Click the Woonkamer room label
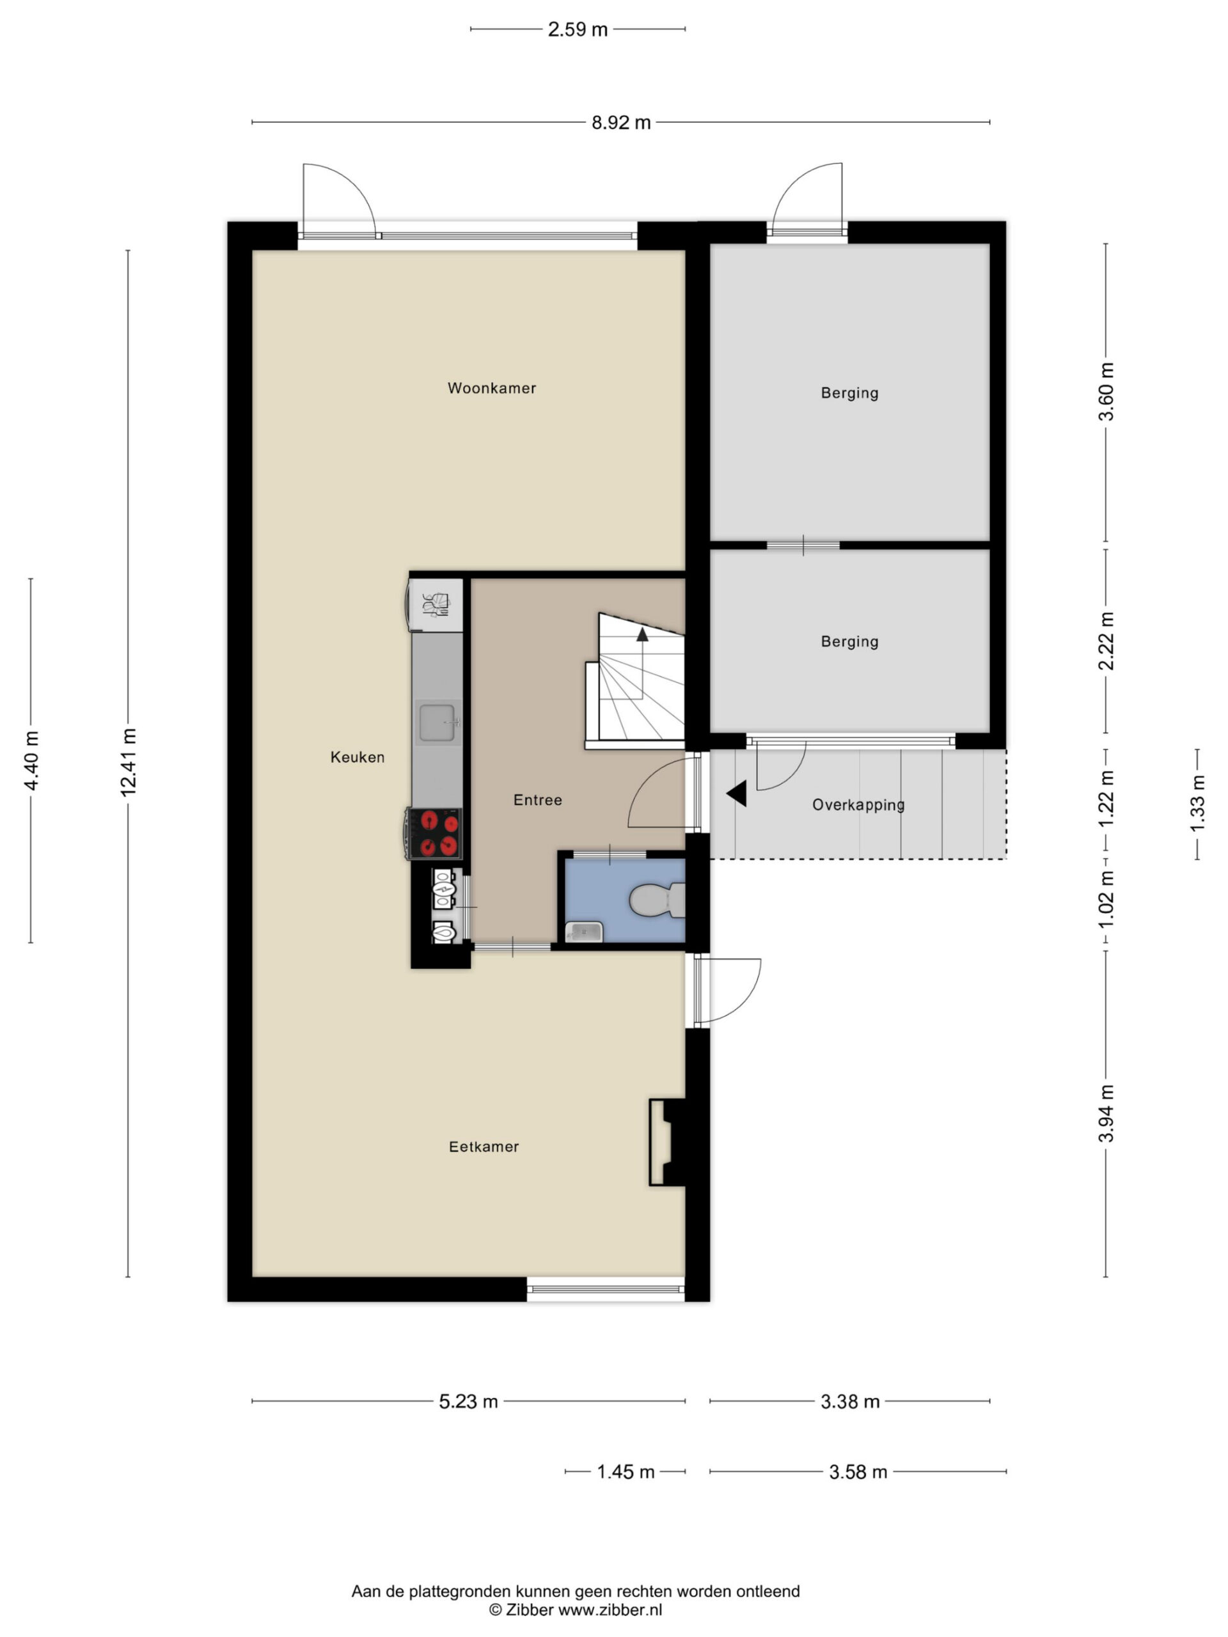491,388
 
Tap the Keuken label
358,757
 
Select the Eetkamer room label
484,1147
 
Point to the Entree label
537,800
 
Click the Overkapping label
858,805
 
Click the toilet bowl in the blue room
656,900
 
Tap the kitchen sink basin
437,723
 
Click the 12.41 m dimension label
129,762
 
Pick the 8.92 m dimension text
621,123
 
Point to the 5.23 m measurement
469,1402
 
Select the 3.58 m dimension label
858,1472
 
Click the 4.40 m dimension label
31,761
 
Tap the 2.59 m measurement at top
578,29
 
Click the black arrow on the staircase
642,634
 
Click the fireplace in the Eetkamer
668,1143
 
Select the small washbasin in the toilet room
584,932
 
